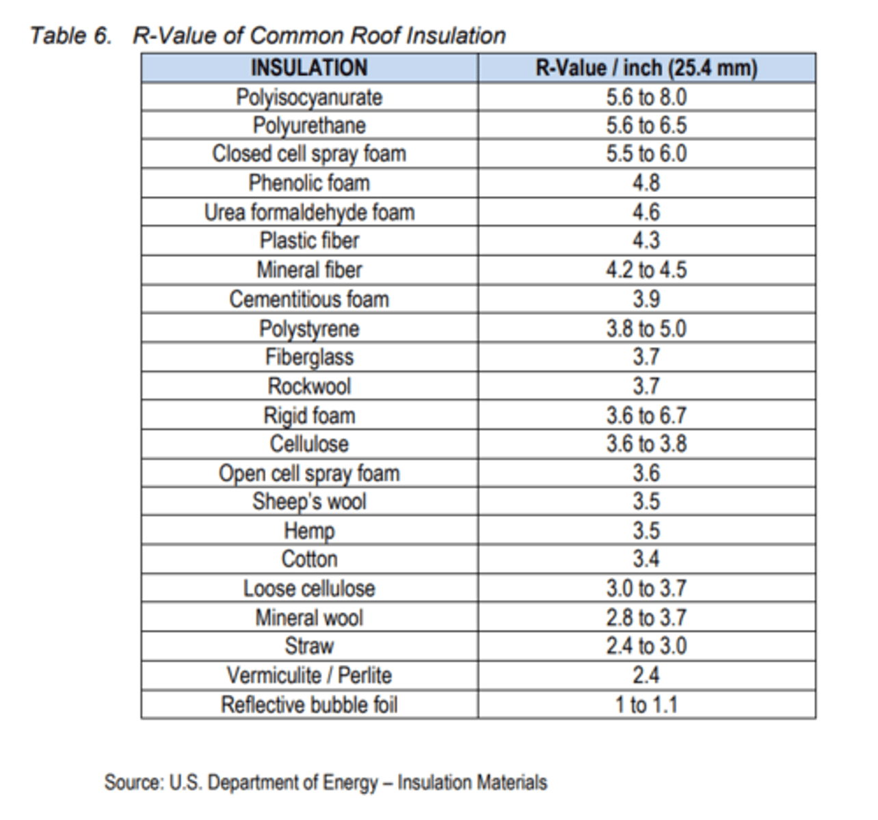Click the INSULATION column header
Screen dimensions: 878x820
309,68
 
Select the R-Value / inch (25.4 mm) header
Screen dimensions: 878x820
646,68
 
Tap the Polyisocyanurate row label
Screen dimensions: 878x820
309,98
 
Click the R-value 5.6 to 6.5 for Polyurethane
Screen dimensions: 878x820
646,126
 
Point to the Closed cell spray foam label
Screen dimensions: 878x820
309,154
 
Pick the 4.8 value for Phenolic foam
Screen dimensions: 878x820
646,183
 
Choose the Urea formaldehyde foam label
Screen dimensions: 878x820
309,212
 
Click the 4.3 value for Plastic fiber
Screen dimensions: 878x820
646,241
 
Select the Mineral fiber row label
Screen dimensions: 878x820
309,270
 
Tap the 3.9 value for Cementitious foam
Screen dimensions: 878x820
646,299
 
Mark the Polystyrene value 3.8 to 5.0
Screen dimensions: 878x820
646,329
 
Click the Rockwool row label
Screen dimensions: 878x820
309,386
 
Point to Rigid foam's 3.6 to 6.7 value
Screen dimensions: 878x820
646,415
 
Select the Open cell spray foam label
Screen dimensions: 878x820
309,474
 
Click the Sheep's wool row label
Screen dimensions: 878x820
309,502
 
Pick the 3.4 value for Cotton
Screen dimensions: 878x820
646,559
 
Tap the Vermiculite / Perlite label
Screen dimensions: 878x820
309,676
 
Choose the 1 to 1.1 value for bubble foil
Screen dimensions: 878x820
646,705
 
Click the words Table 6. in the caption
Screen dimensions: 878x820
70,36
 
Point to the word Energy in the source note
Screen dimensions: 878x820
350,782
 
